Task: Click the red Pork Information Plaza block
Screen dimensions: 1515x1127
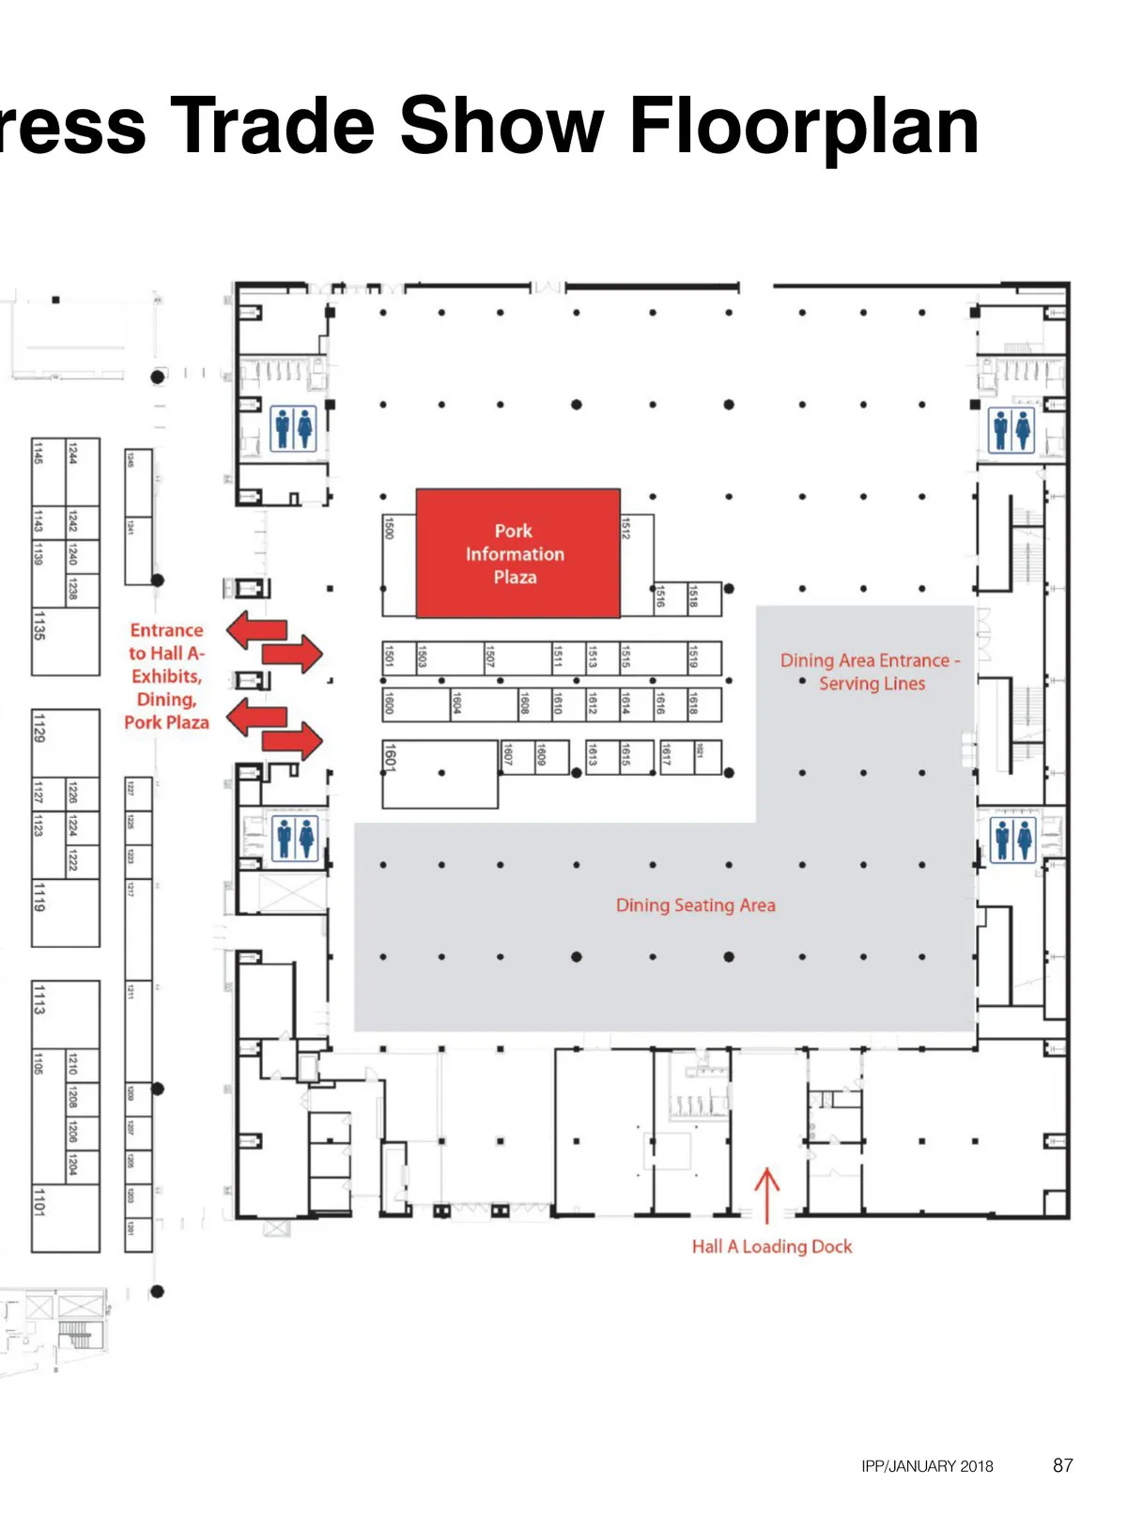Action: pyautogui.click(x=517, y=553)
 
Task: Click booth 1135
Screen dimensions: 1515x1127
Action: pyautogui.click(x=66, y=642)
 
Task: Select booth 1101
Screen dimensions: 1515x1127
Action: pyautogui.click(x=66, y=1217)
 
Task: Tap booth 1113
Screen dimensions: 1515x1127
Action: pyautogui.click(x=66, y=1014)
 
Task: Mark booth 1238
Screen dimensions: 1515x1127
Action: pyautogui.click(x=83, y=589)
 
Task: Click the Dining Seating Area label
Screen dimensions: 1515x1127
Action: pyautogui.click(x=696, y=905)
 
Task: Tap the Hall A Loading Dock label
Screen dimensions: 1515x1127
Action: pyautogui.click(x=772, y=1246)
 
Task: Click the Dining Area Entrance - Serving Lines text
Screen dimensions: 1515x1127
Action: pyautogui.click(x=871, y=672)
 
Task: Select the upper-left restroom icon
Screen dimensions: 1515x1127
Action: pyautogui.click(x=293, y=428)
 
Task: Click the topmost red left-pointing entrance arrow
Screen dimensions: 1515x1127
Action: pyautogui.click(x=256, y=629)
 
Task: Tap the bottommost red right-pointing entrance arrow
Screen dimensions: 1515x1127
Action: pyautogui.click(x=293, y=742)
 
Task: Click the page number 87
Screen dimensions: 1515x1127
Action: pyautogui.click(x=1062, y=1465)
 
